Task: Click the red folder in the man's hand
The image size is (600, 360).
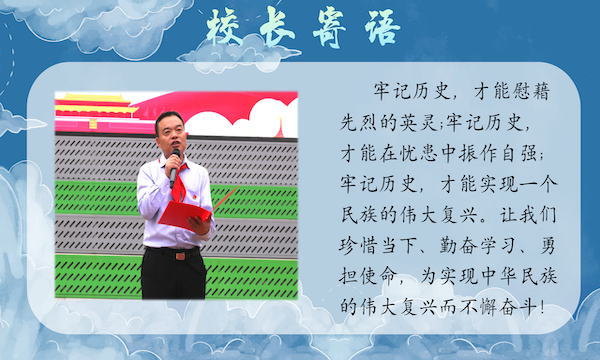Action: pos(186,215)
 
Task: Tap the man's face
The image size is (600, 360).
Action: pos(170,136)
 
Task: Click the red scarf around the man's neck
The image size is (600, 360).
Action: pos(173,181)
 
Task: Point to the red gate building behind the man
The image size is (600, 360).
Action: pos(94,108)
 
